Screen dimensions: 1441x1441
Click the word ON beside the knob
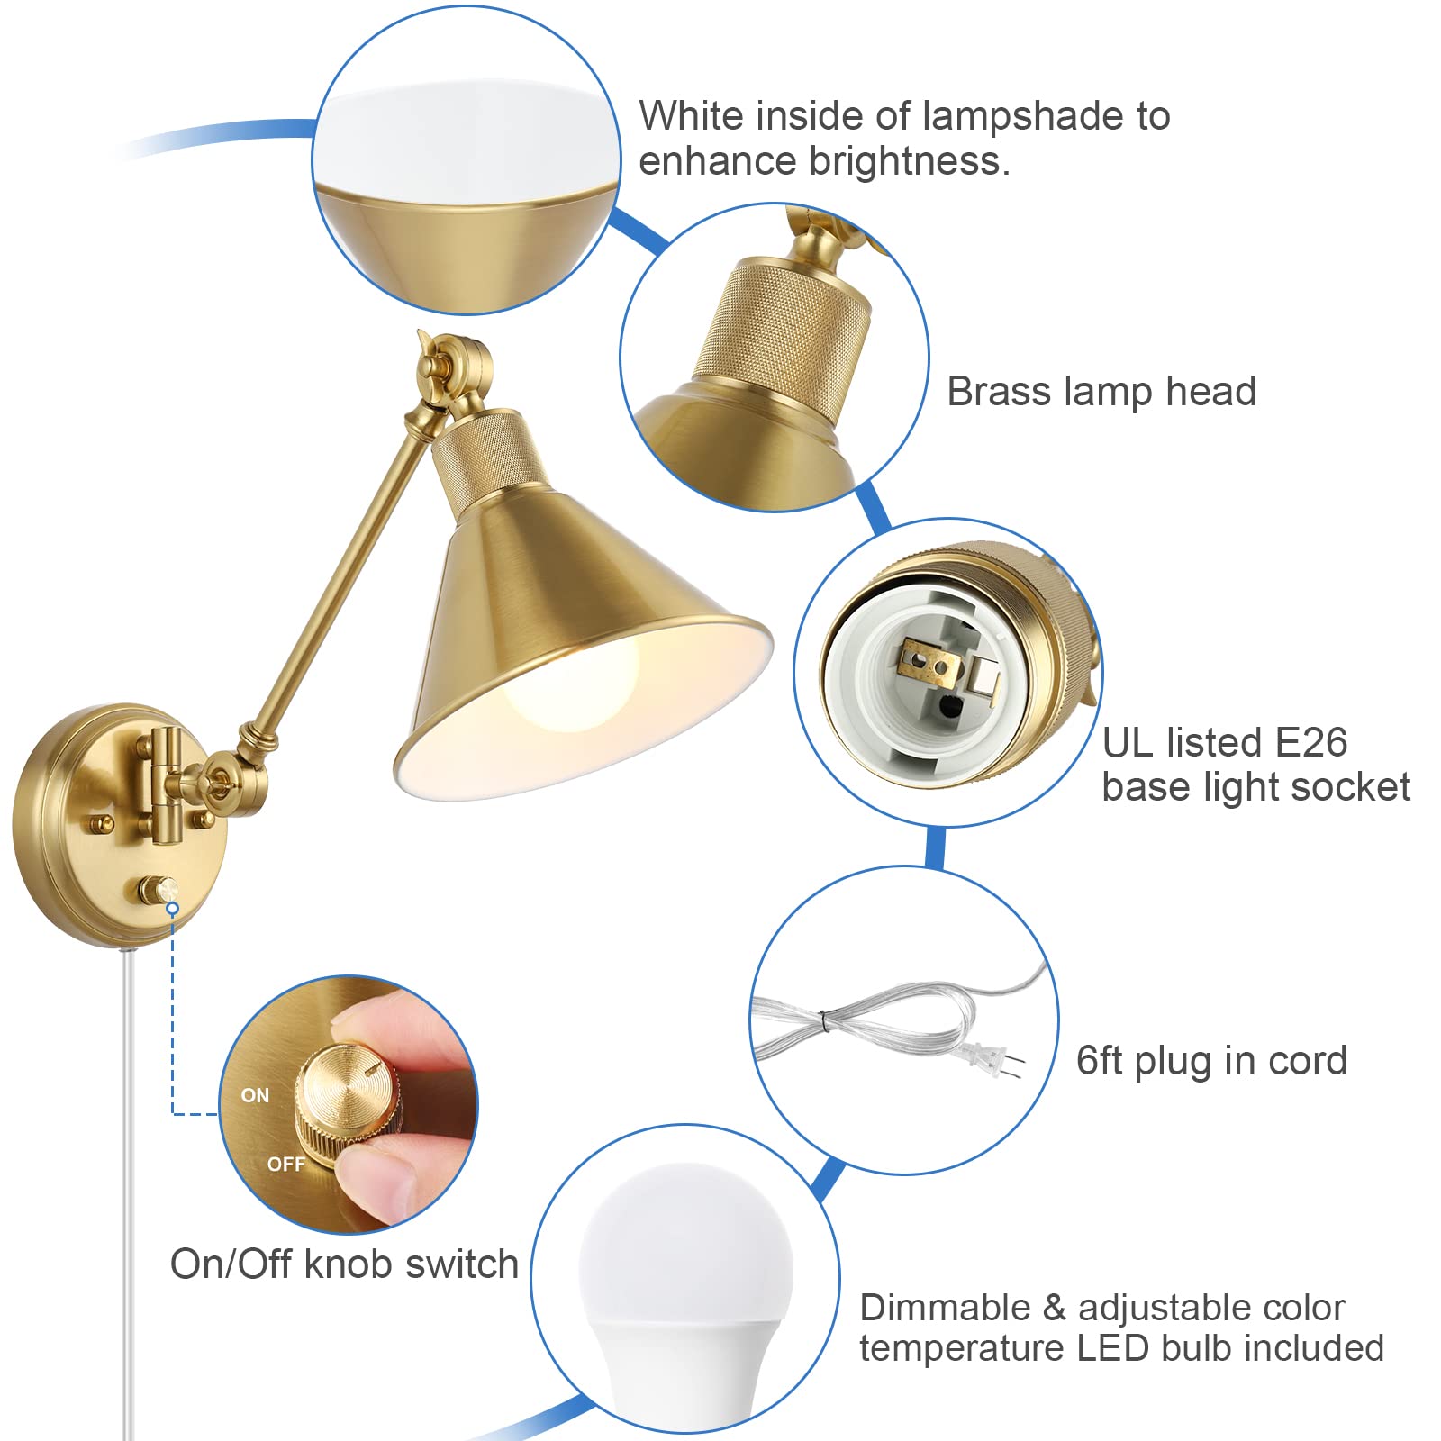[x=255, y=1095]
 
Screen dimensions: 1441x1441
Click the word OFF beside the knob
[x=285, y=1164]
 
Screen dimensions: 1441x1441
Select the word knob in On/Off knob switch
[x=349, y=1264]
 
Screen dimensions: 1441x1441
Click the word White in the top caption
[x=691, y=116]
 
